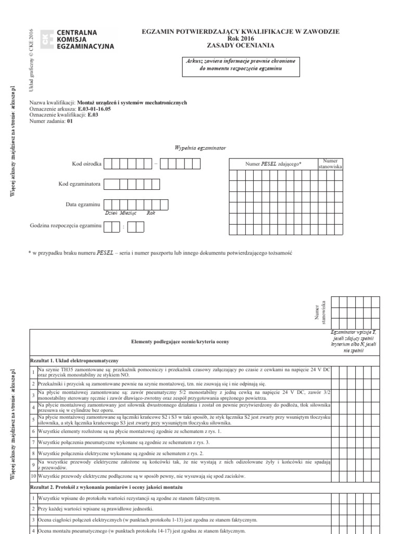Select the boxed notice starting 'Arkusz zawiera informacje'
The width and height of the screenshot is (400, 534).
[240, 65]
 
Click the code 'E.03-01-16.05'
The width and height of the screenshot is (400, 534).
[94, 110]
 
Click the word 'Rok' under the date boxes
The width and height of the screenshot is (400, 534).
[151, 213]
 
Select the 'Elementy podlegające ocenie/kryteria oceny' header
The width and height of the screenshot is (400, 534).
[180, 341]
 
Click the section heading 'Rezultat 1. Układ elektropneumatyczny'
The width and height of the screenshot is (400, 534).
[76, 360]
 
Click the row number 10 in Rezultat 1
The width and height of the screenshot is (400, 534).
[34, 476]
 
